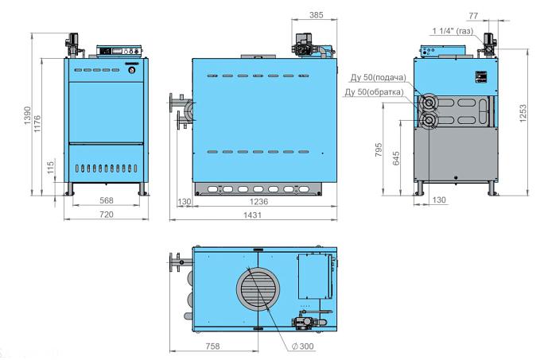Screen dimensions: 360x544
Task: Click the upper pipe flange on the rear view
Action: (429, 103)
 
